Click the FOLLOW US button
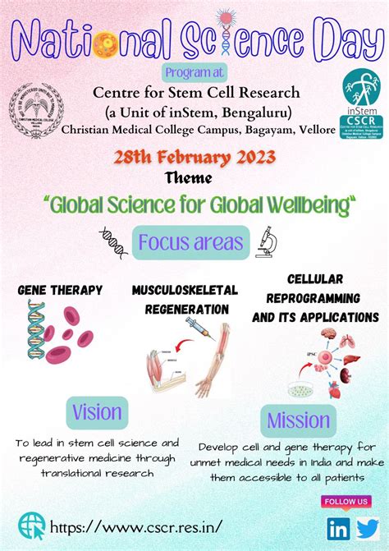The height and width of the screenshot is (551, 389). tap(347, 501)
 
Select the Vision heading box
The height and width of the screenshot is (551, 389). tap(98, 412)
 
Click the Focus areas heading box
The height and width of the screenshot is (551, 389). tap(191, 242)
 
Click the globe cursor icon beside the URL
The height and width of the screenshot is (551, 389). tap(33, 525)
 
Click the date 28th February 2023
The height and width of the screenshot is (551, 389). tap(194, 158)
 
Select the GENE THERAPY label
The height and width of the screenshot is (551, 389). tap(60, 290)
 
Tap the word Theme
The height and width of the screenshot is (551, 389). tap(194, 178)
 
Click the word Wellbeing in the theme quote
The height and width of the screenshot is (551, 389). tap(309, 204)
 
